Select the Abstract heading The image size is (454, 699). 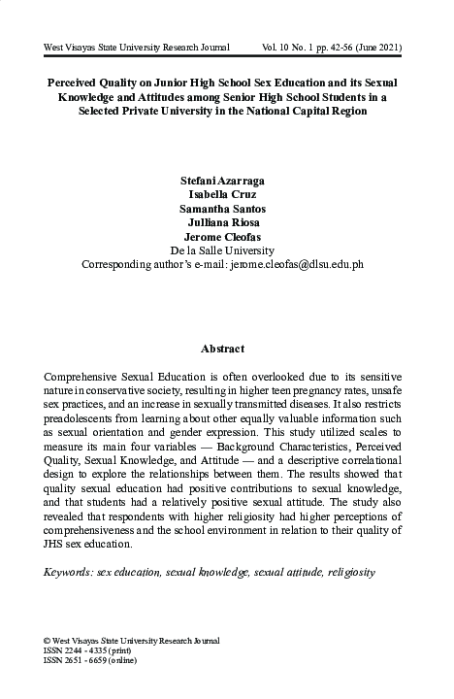tap(222, 349)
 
